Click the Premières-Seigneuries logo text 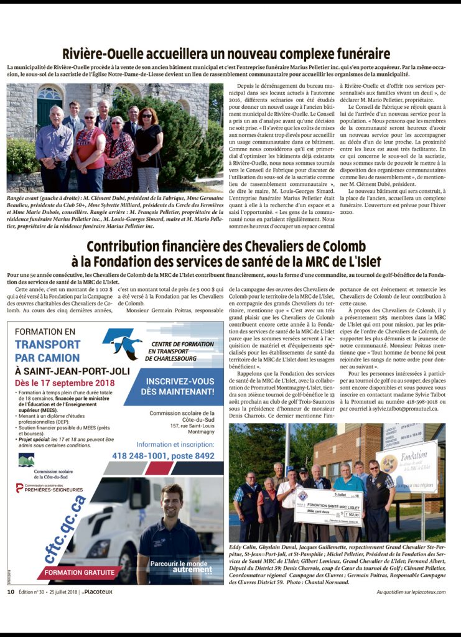57,489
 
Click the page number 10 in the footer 11,592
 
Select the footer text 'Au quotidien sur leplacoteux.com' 411,592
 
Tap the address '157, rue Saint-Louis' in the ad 186,425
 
